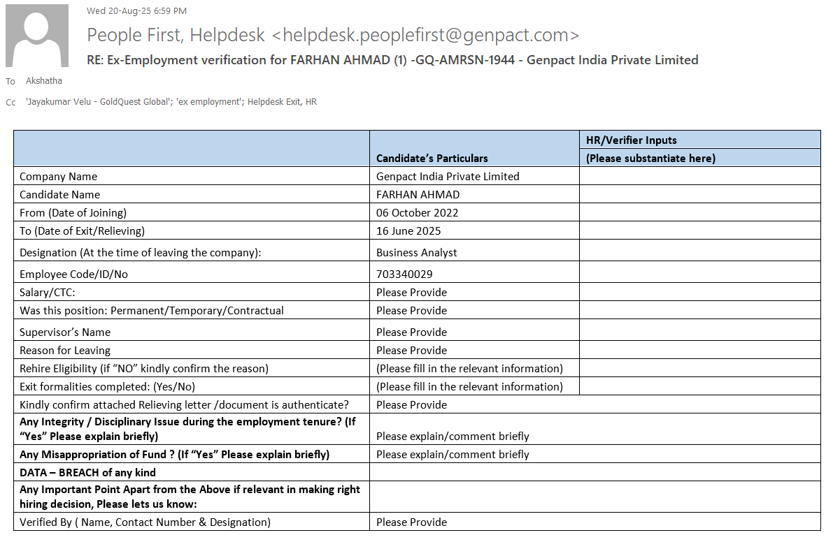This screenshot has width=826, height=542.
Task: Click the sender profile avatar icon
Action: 37,36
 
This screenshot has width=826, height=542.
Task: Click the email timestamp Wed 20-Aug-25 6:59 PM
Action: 136,11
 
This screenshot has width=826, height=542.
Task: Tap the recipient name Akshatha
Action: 44,81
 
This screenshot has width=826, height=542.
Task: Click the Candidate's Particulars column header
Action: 432,158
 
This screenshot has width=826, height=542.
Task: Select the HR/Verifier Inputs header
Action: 631,140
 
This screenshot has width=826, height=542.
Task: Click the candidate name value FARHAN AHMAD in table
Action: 418,195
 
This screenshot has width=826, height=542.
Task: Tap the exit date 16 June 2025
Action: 408,231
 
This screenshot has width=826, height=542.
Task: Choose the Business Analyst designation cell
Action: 416,253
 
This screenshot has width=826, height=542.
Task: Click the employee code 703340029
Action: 409,274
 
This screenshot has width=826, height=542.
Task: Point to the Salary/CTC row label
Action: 47,293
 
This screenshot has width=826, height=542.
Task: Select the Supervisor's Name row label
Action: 65,332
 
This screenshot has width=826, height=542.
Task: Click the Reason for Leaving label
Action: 65,351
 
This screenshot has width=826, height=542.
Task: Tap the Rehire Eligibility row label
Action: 143,369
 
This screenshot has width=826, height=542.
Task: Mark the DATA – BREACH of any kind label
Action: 87,473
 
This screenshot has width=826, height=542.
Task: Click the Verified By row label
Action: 145,522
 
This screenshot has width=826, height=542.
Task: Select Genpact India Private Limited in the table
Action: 448,177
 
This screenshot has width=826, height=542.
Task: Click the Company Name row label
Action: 58,177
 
